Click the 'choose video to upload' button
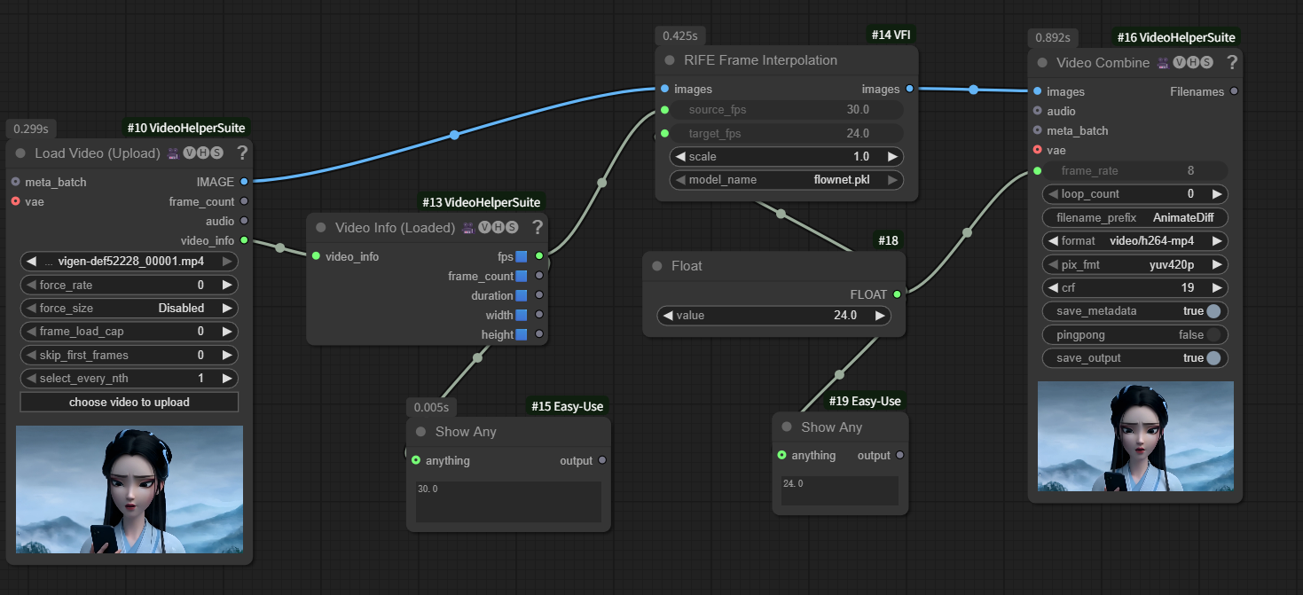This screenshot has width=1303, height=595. [x=130, y=402]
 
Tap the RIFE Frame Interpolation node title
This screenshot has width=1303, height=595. [x=760, y=60]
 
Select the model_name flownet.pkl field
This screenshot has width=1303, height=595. [x=787, y=180]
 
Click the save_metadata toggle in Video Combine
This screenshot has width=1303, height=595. [x=1213, y=311]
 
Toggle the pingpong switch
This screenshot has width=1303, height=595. [x=1213, y=334]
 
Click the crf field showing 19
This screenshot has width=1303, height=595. [x=1134, y=287]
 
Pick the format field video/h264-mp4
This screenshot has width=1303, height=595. [x=1134, y=241]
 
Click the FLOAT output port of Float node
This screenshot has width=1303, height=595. [x=897, y=294]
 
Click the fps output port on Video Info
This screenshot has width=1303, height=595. [x=539, y=256]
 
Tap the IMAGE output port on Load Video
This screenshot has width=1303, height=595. [x=244, y=182]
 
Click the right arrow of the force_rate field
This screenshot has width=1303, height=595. [x=227, y=285]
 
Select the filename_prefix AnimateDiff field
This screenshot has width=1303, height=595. [x=1134, y=217]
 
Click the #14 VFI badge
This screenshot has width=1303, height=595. [x=891, y=35]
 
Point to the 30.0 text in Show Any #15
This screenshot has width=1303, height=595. [x=428, y=489]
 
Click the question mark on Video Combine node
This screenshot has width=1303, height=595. [x=1232, y=62]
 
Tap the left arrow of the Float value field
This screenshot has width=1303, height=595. [x=668, y=316]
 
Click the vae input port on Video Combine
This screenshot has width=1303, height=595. [x=1037, y=150]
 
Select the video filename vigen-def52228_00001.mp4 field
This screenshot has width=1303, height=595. [x=130, y=262]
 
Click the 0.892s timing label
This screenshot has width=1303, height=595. [x=1053, y=38]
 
